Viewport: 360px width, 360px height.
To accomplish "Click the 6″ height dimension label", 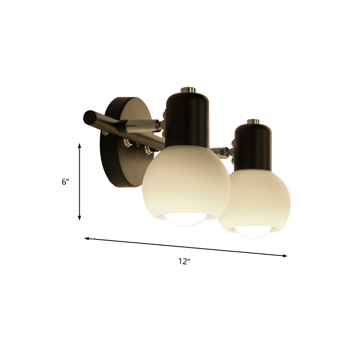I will click(66, 182).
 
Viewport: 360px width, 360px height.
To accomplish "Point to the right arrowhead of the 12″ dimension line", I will click(284, 256).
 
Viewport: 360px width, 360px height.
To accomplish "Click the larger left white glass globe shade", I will click(186, 186).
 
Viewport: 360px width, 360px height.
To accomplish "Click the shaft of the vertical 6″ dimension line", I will click(80, 182).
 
